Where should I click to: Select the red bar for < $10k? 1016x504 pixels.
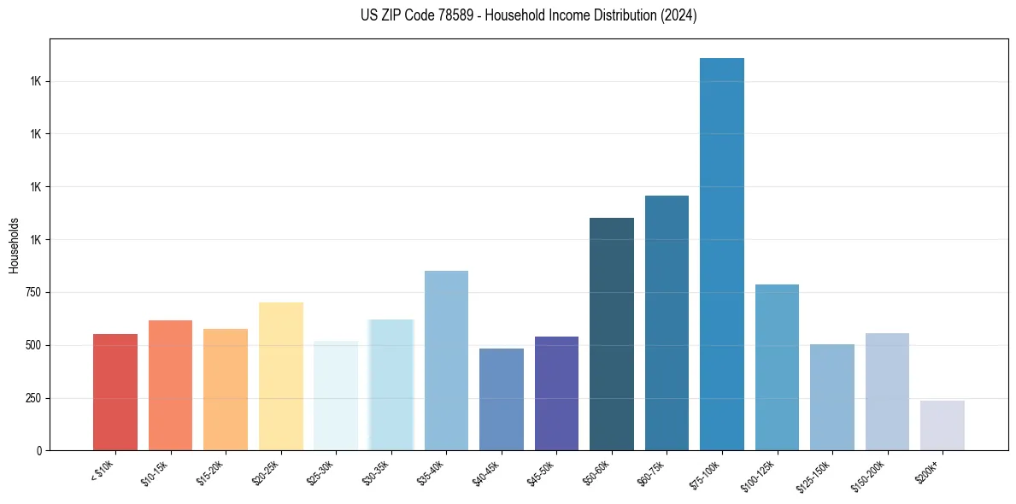coord(115,392)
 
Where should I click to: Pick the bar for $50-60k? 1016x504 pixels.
coord(612,334)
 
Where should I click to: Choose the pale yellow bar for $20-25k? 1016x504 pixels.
coord(281,376)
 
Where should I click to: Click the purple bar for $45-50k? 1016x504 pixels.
coord(556,393)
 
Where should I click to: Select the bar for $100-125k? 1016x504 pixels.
coord(777,367)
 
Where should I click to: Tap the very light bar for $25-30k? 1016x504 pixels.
coord(336,396)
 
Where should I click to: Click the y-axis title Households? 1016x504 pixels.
coord(14,245)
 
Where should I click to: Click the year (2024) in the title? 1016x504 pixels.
coord(678,15)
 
